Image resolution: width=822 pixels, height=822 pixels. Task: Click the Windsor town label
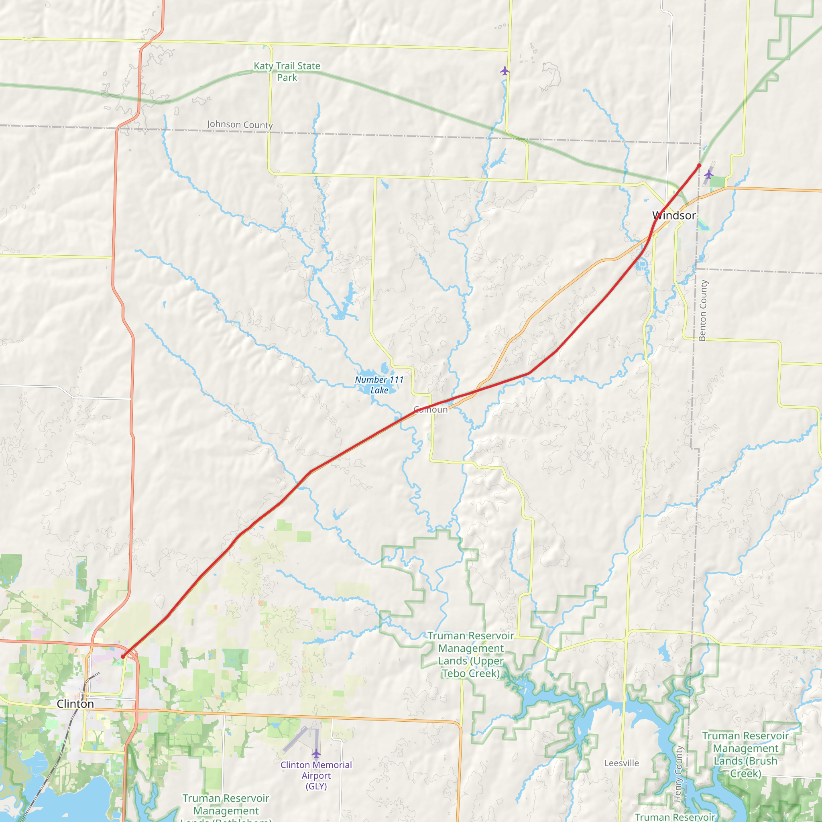(674, 215)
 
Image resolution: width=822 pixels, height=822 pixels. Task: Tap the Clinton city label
(75, 704)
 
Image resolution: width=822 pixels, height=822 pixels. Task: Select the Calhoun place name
(431, 409)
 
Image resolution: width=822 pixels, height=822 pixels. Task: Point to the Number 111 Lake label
(379, 385)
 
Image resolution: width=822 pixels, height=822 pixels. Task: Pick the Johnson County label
(240, 124)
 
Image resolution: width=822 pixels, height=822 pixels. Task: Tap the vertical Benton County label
(702, 310)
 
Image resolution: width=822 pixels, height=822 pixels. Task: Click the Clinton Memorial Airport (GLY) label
(316, 775)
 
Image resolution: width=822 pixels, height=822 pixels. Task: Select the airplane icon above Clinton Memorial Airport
(316, 754)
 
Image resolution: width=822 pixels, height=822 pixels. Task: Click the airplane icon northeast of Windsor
(708, 174)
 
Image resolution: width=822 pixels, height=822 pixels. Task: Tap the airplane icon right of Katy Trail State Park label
(505, 71)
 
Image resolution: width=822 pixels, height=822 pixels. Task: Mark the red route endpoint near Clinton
(123, 657)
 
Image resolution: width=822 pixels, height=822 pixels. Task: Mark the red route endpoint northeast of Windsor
(699, 165)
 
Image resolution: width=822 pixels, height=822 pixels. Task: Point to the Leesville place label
(621, 763)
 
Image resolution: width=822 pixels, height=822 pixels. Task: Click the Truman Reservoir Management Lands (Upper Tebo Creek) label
(471, 654)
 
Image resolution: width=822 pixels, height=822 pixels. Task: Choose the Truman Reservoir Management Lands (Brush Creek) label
(745, 754)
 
